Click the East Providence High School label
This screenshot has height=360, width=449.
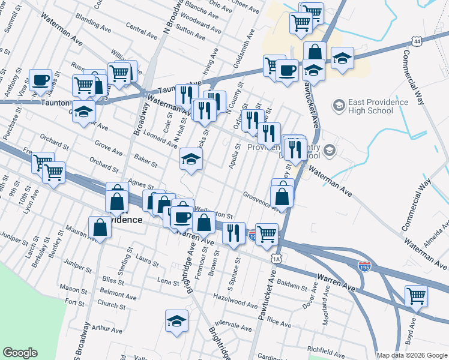[370, 106]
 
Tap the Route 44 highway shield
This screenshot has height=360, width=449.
[417, 41]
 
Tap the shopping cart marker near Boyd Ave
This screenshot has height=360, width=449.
[416, 296]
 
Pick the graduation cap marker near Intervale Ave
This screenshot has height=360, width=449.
[176, 321]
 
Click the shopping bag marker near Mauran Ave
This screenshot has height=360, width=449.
[100, 227]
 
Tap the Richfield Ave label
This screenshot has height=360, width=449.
[325, 348]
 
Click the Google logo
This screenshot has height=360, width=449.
[20, 353]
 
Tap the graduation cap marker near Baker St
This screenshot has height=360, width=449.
[191, 159]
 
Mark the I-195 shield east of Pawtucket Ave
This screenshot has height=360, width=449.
[364, 265]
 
